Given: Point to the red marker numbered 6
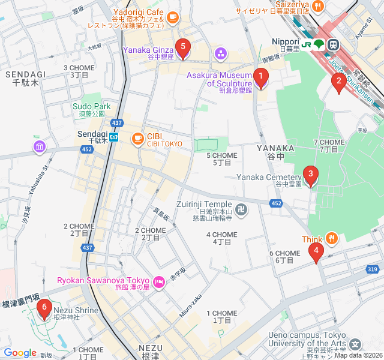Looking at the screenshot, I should point(43,309).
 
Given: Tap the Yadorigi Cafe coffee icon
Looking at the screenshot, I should point(173,17).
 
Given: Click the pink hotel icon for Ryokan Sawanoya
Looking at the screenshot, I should point(159,281).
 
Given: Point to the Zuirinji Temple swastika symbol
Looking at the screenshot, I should point(241,209).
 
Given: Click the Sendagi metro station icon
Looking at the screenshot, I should point(114,137).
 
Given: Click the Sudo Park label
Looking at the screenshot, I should point(88,106).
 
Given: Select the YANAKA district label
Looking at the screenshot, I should point(275,148).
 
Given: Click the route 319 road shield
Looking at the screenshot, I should point(372,269).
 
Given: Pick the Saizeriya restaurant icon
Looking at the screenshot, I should point(317,5).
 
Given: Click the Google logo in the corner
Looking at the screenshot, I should point(20,353).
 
